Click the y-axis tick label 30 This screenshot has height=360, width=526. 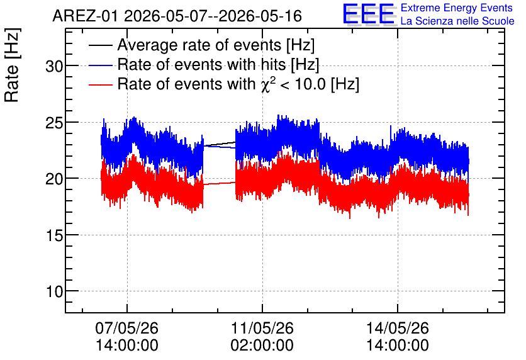point(54,67)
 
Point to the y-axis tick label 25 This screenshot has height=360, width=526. point(54,123)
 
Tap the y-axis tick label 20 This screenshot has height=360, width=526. point(54,179)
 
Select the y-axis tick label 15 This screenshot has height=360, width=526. point(54,235)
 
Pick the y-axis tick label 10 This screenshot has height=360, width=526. point(54,291)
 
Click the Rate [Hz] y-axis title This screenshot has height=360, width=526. point(12,65)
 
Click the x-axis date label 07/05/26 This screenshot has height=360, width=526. point(127,328)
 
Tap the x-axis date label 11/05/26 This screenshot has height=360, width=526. point(262,328)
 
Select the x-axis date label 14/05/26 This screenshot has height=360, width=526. point(398,328)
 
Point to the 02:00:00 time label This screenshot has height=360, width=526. point(262,346)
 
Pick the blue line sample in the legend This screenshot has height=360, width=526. point(100,65)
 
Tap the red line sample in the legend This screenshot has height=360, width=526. point(100,85)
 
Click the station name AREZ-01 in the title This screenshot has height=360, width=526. point(86,16)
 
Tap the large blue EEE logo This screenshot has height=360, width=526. point(368,14)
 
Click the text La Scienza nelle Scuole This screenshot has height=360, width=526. point(457,21)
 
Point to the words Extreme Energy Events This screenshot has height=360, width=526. point(457,8)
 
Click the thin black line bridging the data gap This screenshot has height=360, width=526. point(220,144)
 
